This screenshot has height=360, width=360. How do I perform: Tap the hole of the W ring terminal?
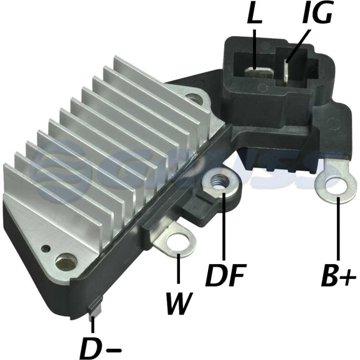[178, 243]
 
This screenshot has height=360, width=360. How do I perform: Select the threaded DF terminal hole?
[220, 181]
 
